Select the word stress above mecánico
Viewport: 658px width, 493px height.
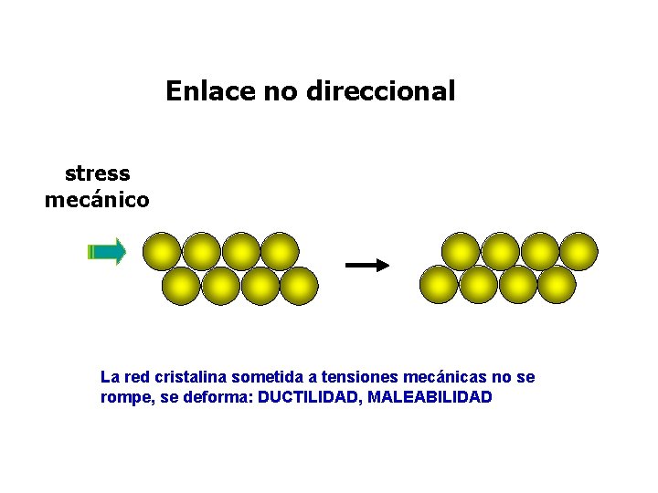click(98, 173)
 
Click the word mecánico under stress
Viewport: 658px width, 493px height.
click(97, 199)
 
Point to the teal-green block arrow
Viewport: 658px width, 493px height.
click(106, 252)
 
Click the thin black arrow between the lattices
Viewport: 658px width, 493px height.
click(367, 265)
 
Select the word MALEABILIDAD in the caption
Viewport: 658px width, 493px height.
click(430, 397)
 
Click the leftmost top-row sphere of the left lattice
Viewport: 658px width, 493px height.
click(162, 251)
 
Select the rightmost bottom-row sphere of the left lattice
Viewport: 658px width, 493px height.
click(299, 286)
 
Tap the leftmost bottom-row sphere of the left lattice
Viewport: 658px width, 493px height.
click(181, 286)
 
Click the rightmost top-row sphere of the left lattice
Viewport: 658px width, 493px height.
click(280, 251)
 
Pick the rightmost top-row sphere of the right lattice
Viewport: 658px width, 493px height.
click(578, 251)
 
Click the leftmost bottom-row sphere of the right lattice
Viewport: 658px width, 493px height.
click(439, 285)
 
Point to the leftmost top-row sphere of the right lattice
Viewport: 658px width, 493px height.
click(461, 251)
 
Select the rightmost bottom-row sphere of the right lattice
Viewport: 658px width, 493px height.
click(557, 285)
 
